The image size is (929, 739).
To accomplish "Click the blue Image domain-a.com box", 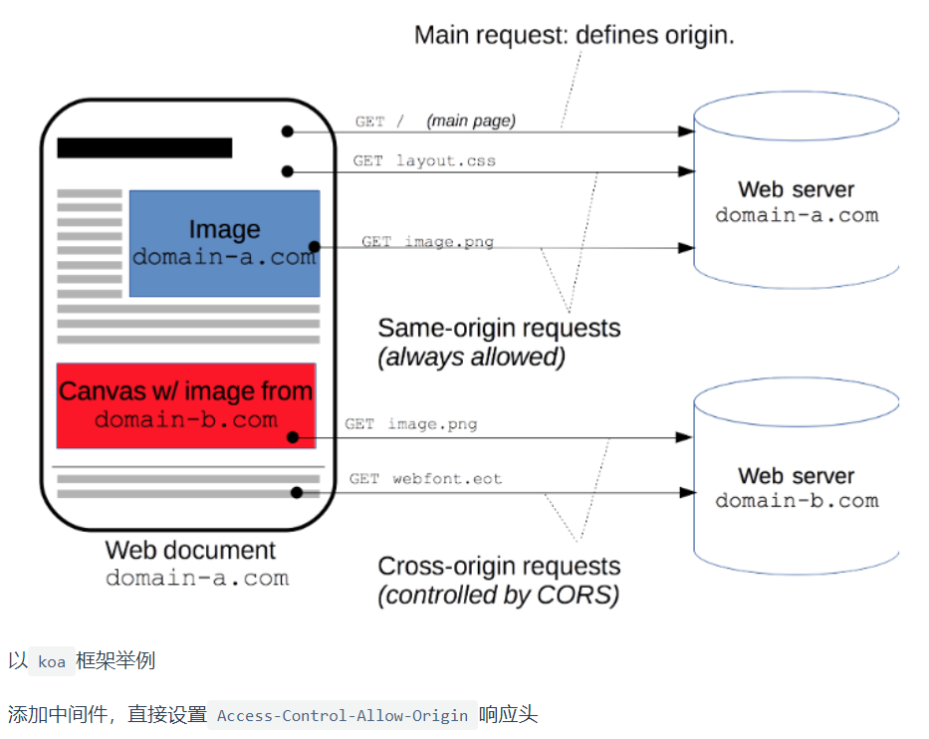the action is [225, 244].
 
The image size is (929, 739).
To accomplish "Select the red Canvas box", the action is [186, 406].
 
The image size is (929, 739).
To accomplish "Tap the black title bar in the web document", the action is [144, 147].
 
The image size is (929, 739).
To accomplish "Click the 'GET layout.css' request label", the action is [424, 160].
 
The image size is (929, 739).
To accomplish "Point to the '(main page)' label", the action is [471, 121].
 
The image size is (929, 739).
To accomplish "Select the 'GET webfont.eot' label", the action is [425, 478].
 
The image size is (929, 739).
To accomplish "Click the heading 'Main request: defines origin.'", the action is [575, 35].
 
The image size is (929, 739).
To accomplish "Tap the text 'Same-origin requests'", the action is [499, 328].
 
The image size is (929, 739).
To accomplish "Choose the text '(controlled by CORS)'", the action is [499, 595].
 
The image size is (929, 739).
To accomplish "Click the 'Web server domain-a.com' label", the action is [797, 202].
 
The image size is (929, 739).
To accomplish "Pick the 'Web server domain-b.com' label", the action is [797, 488].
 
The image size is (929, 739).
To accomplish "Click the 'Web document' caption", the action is [190, 550].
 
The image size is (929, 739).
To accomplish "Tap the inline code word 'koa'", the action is [52, 661].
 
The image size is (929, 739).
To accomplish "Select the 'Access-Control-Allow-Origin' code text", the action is [343, 715].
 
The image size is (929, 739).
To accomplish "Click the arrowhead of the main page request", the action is [686, 131].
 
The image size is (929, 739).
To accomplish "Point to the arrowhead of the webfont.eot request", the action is [687, 492].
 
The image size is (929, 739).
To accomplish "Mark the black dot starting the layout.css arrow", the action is [288, 171].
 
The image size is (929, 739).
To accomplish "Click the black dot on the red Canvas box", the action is [293, 437].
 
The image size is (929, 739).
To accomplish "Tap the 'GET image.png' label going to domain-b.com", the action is [410, 423].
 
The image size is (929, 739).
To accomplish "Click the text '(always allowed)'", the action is [472, 357].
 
